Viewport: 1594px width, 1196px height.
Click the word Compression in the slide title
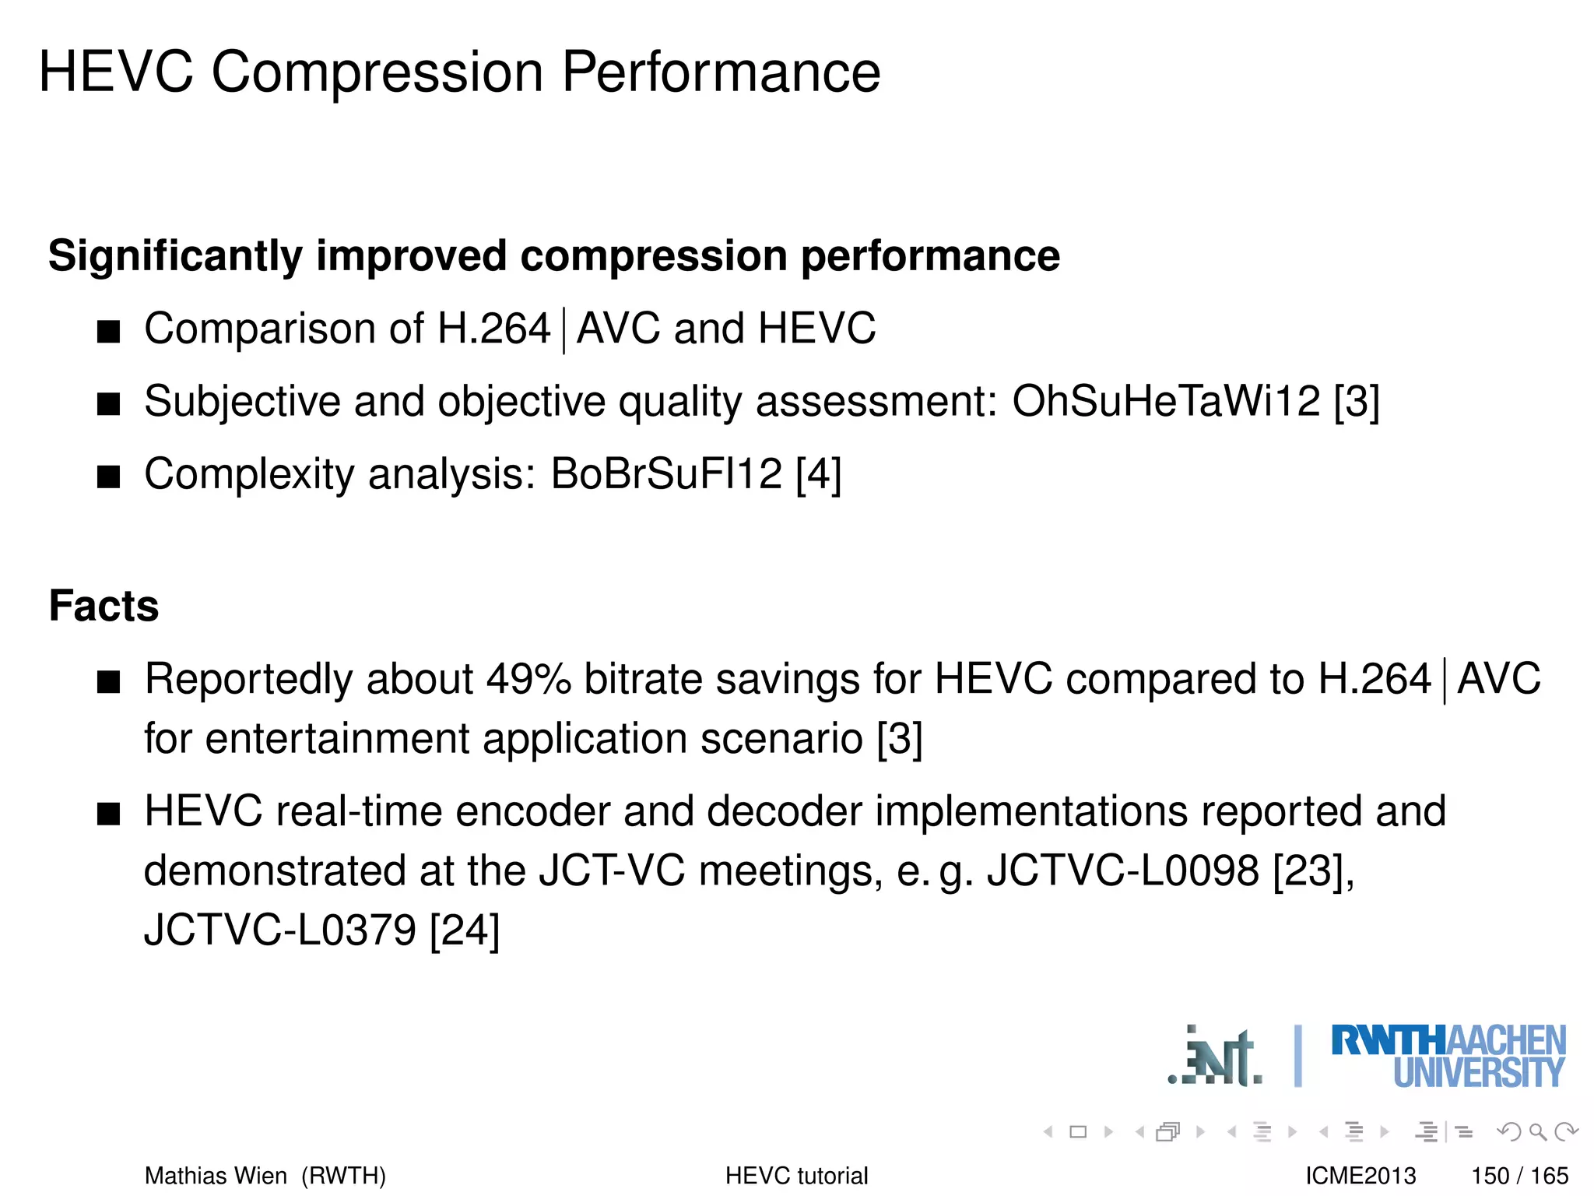tap(378, 72)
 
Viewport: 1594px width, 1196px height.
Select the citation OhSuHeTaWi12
tap(1166, 402)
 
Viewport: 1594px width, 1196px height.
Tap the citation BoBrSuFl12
tap(666, 474)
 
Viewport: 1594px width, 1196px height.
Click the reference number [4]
tap(818, 474)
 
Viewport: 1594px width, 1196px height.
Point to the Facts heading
tap(104, 606)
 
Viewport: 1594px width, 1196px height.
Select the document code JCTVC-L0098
tap(1122, 871)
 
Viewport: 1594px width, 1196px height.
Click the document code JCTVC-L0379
tap(279, 930)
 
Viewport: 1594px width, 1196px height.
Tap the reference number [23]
tap(1310, 871)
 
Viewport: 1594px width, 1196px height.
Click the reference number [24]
tap(465, 930)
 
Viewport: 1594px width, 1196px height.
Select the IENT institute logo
tap(1216, 1057)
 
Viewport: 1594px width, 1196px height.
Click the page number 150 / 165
tap(1519, 1176)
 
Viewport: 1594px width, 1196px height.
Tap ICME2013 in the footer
tap(1361, 1176)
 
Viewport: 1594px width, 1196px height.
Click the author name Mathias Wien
tap(216, 1176)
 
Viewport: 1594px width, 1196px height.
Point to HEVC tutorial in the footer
tap(796, 1176)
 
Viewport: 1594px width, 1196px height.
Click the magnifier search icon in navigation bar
tap(1537, 1131)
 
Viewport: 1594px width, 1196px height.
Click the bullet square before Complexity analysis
tap(109, 476)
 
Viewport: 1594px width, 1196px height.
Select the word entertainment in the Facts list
tap(337, 738)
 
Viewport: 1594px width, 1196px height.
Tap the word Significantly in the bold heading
tap(175, 256)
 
